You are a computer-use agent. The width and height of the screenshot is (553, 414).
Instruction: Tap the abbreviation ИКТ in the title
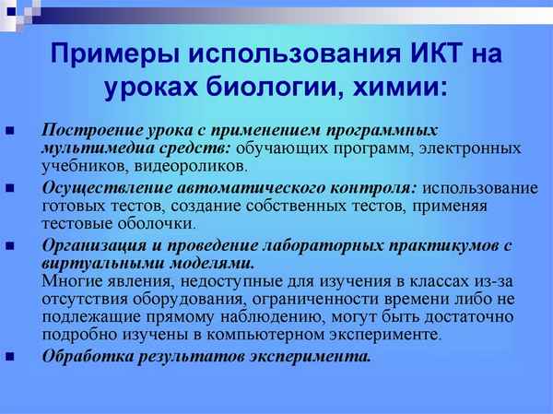pos(436,54)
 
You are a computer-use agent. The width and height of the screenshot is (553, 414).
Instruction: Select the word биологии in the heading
pos(273,89)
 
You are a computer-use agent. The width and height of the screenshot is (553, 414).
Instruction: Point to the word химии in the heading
pos(399,89)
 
